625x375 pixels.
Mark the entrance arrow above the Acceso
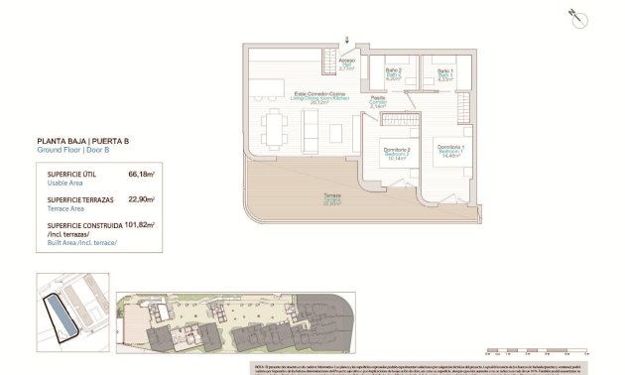tap(346, 40)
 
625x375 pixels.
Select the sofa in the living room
tap(311, 127)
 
